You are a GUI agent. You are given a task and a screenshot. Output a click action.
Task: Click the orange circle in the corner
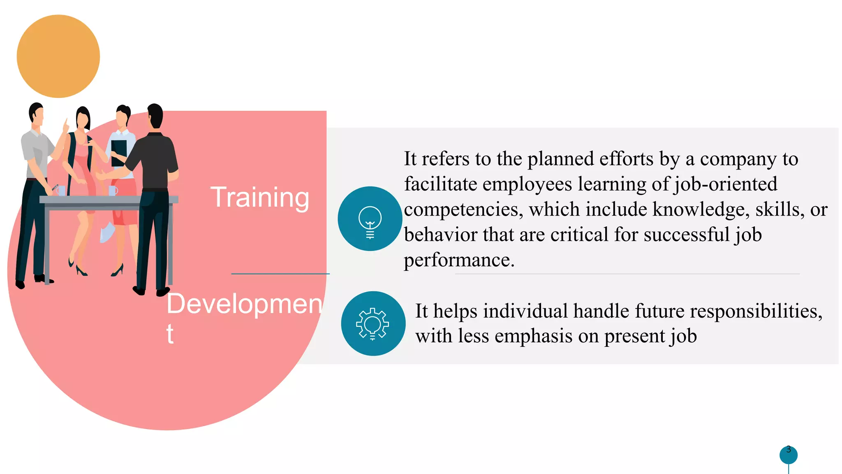pyautogui.click(x=58, y=56)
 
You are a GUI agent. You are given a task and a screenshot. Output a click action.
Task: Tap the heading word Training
pyautogui.click(x=260, y=197)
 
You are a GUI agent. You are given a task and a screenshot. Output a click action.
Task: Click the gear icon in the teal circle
pyautogui.click(x=373, y=323)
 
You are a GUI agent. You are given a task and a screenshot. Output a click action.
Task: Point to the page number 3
pyautogui.click(x=789, y=450)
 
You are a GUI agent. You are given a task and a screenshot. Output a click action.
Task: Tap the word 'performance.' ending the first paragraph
pyautogui.click(x=459, y=260)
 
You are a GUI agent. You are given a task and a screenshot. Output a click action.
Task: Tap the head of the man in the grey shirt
pyautogui.click(x=36, y=114)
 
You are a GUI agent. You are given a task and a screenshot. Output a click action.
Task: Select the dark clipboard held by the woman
pyautogui.click(x=118, y=152)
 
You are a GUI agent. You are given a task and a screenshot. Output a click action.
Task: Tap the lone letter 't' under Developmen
pyautogui.click(x=170, y=334)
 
